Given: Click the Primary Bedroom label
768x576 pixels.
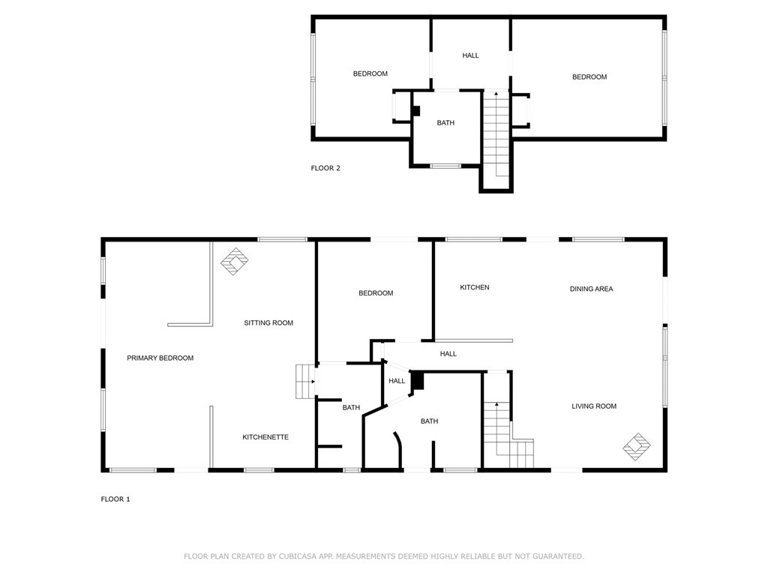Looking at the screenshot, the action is pos(160,358).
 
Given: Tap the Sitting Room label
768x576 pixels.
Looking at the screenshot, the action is pos(268,322).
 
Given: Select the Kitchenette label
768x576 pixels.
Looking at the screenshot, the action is pos(265,437).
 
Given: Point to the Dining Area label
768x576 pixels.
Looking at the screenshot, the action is pos(591,289).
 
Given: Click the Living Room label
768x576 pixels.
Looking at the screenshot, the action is pos(594,406).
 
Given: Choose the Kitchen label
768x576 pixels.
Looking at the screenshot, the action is pos(475,287).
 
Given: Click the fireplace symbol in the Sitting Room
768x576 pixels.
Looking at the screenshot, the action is pos(235,262).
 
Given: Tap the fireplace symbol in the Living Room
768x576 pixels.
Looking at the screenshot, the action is pos(637,447).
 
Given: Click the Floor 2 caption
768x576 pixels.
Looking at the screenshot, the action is pos(325,168).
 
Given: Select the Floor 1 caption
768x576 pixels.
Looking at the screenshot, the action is pos(115,499).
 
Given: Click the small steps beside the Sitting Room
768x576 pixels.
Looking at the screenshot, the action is pos(305,381).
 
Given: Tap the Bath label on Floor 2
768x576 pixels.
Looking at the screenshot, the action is pos(445,123).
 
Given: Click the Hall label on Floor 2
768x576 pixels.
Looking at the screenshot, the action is pos(471,55).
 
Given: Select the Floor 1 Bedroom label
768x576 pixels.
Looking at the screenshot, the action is pos(376,293).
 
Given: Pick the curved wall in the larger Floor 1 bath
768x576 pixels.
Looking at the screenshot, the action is pos(399,448).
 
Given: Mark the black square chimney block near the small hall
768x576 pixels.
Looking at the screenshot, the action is pos(417,381).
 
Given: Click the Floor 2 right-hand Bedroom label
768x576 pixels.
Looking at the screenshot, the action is pos(589,77).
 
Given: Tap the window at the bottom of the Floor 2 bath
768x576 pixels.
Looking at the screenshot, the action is pos(445,166).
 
